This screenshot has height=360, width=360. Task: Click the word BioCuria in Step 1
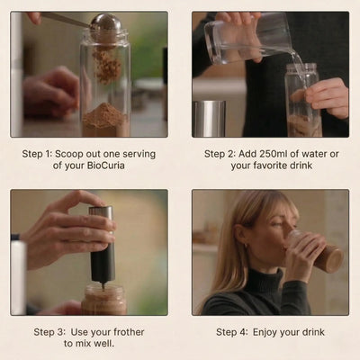coord(106,166)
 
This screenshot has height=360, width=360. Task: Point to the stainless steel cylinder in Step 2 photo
coord(209,119)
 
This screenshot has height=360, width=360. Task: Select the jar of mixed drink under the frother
coord(104,300)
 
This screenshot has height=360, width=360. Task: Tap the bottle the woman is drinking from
coord(315,251)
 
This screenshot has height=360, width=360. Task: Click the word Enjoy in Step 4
coord(265,332)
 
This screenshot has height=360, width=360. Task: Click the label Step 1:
coord(37,154)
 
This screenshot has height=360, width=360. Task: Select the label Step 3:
coord(49,332)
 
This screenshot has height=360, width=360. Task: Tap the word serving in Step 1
coord(139,154)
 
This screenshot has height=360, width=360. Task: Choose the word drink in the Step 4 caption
coord(313,332)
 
